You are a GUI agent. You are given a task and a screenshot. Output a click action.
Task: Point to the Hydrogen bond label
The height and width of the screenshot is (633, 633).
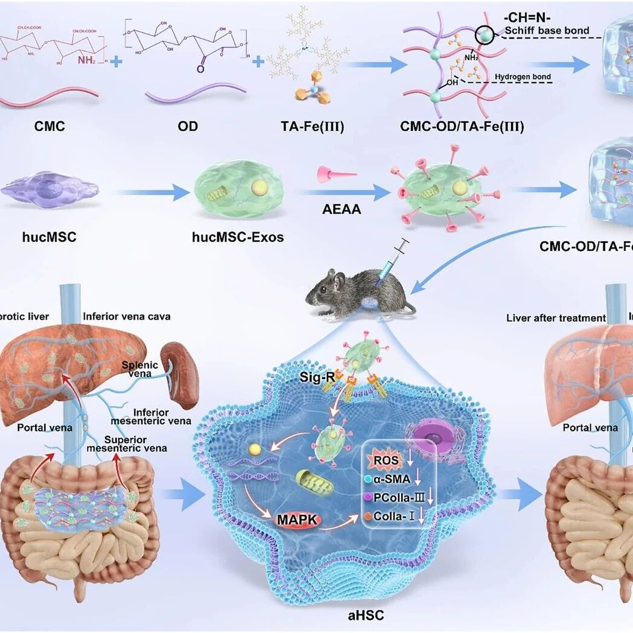coord(521,77)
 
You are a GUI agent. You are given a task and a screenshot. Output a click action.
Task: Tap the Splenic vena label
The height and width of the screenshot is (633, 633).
coord(139,369)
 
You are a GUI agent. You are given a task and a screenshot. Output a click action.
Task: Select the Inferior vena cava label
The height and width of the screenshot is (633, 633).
coord(127,316)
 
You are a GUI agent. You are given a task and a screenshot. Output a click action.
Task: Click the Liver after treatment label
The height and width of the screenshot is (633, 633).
coord(556,317)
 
